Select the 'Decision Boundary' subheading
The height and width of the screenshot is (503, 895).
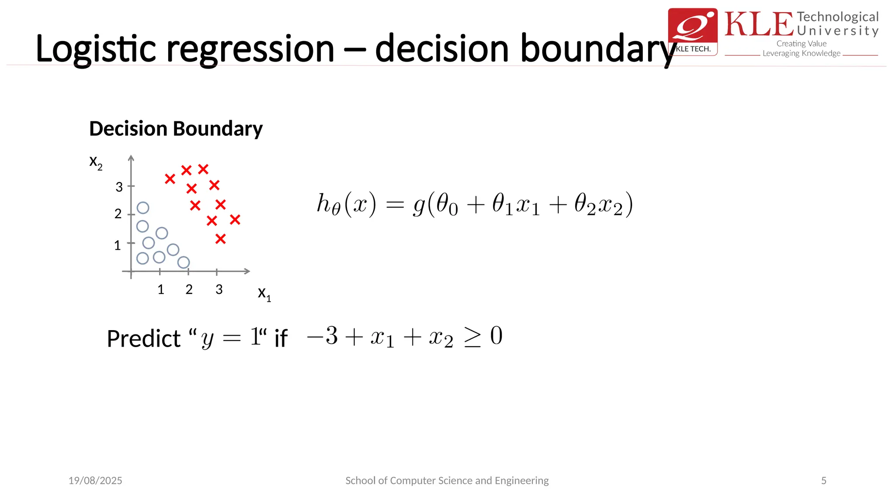pos(176,129)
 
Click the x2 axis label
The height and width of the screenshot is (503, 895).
pos(96,162)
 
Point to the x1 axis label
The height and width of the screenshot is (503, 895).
pos(264,293)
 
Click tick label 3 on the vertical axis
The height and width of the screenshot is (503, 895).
pos(119,187)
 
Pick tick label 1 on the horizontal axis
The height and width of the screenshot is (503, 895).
pos(161,289)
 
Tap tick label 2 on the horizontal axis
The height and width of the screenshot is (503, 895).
pos(189,289)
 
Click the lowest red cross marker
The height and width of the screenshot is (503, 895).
pos(221,239)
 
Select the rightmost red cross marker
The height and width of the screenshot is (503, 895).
pos(235,220)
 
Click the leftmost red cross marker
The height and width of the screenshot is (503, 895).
pos(170,179)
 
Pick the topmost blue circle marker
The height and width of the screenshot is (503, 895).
pos(143,208)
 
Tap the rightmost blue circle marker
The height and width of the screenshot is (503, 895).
pos(184,262)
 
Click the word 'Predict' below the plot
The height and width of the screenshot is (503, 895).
pos(144,339)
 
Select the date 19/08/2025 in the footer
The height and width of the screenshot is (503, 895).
pos(95,481)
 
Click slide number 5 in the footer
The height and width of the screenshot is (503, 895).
pos(824,481)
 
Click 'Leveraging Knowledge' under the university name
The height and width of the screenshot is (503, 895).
pos(801,53)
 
